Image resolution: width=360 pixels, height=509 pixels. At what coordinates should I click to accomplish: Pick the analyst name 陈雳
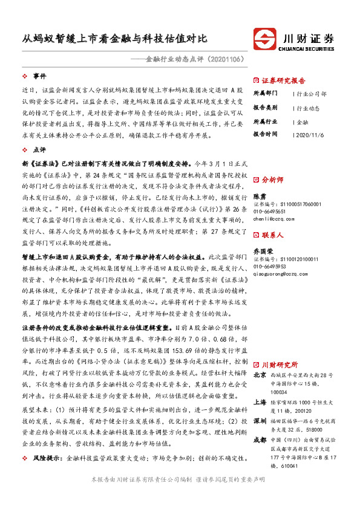point(259,196)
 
